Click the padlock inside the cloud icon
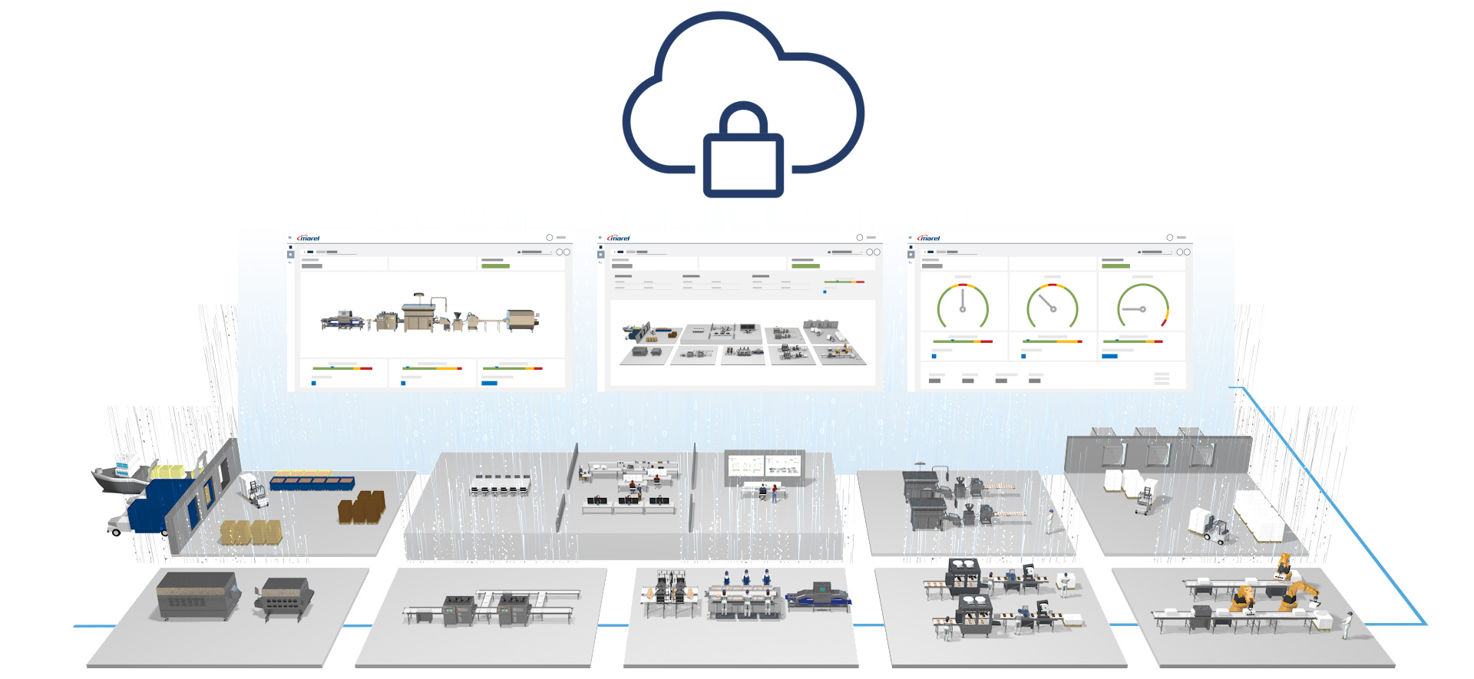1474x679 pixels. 743,153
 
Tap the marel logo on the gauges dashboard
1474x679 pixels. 929,239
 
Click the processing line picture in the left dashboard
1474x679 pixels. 431,315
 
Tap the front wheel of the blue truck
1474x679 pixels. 117,531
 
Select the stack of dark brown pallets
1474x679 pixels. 362,507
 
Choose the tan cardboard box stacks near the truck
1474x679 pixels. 250,532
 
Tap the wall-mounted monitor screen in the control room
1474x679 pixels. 765,466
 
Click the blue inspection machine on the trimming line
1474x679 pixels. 818,596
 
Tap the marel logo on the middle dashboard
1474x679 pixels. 619,239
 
